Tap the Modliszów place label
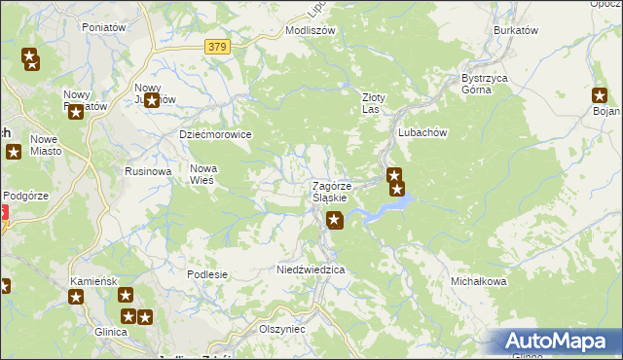[310, 30]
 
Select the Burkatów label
[516, 30]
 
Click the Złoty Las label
[375, 103]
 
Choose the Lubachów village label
[421, 132]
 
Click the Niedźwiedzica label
[311, 269]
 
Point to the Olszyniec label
[282, 329]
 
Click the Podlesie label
[206, 274]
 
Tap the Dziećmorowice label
[215, 134]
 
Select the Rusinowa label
[148, 171]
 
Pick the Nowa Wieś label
[202, 174]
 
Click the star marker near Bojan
[600, 95]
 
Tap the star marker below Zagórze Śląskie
[335, 221]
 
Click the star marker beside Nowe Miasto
[14, 152]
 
